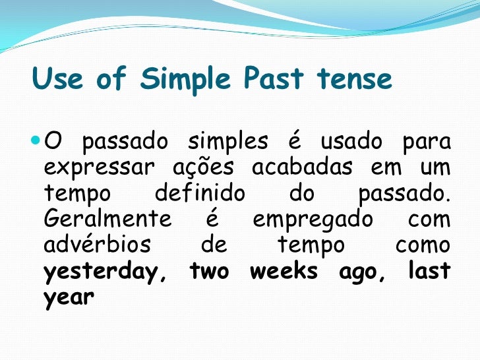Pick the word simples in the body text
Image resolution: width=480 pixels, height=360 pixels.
(x=228, y=142)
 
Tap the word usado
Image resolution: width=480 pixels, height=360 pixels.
(x=351, y=142)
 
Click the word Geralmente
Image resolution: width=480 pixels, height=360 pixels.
(x=107, y=220)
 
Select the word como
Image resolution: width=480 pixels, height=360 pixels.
(x=423, y=245)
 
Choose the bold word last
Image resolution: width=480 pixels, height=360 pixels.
(x=429, y=271)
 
